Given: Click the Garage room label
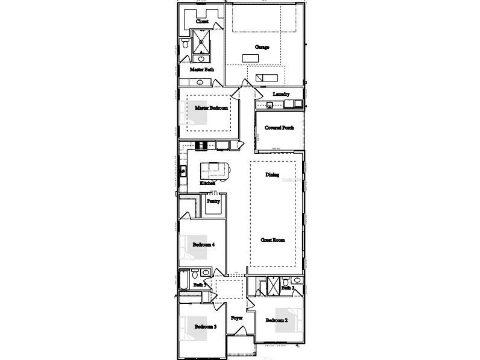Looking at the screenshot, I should click(262, 46).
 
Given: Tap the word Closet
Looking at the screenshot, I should click(203, 21).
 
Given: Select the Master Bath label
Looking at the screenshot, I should click(202, 69).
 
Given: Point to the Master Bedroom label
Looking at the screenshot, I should click(211, 107).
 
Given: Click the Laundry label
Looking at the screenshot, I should click(281, 94).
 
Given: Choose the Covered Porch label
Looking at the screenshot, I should click(279, 128).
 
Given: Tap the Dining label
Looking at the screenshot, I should click(273, 175).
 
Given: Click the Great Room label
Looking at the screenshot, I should click(273, 239).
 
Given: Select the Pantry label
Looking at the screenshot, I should click(213, 201).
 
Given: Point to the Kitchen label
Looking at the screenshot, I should click(208, 183).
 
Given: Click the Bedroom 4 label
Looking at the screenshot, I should click(204, 245).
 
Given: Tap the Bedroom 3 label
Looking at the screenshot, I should click(205, 327).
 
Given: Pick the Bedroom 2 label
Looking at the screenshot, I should click(276, 320).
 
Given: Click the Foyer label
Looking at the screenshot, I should click(237, 317).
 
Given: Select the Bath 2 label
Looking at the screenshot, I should click(288, 288).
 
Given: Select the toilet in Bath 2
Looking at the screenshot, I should click(297, 280).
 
